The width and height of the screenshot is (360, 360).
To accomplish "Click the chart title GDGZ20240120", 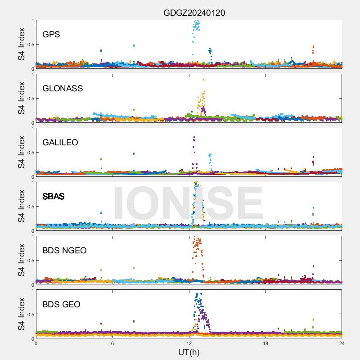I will pos(194,13).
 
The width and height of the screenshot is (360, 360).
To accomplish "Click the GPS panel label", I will pos(51,35).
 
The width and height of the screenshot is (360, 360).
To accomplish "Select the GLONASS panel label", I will pos(63,89).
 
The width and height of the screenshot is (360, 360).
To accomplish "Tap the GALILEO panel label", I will pos(60,143).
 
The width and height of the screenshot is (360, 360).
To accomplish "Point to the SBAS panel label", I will pos(54,197).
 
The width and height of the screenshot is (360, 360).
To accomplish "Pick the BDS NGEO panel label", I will pos(64,251).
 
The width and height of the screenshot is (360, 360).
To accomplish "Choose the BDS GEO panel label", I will pos(61,305).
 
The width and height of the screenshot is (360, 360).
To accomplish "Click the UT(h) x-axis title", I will pos(189,351).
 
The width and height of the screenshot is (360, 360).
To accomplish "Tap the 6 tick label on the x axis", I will pos(112,343).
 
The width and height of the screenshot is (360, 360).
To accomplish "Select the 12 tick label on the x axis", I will pos(189,343).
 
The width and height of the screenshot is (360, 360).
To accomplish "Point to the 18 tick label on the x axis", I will pos(265,343).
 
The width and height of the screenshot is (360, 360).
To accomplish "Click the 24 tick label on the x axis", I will pos(342,343).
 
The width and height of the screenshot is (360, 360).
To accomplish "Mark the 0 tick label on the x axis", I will pos(36,343).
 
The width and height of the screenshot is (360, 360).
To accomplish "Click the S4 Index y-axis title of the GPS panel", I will pos(21,44).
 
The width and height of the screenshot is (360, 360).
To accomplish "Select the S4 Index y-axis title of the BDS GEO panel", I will pos(21,314).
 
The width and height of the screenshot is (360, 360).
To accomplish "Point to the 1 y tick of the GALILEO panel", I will pos(32,128).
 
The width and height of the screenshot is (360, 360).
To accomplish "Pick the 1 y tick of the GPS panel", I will pos(32,20).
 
